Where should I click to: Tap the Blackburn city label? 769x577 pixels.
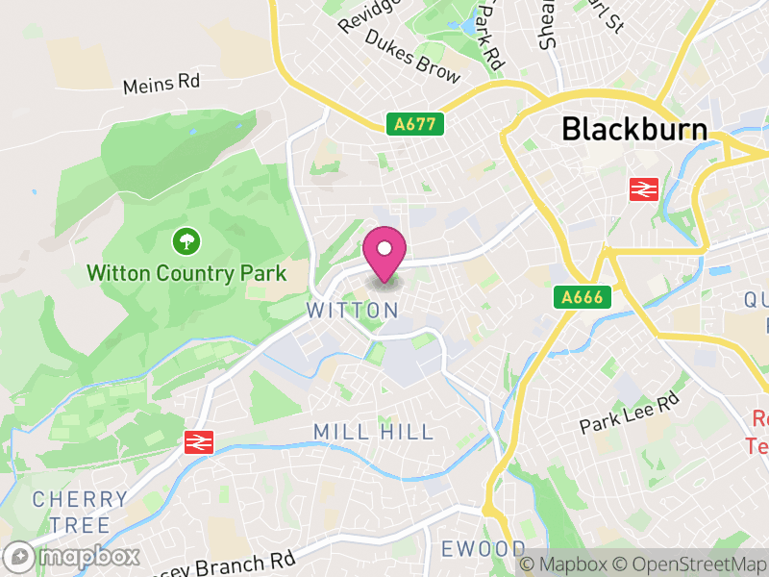(633, 130)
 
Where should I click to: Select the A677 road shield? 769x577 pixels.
(415, 123)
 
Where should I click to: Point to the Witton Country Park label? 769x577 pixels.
(186, 273)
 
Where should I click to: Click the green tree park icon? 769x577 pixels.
(185, 240)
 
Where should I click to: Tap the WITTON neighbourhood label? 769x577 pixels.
(352, 311)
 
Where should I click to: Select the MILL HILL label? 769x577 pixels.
(375, 432)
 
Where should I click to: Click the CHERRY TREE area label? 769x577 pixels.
(81, 512)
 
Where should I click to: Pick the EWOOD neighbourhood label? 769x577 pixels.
(484, 549)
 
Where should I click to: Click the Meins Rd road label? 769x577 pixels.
(161, 84)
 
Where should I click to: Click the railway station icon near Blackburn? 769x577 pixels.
(643, 189)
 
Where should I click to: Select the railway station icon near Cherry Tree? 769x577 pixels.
(199, 441)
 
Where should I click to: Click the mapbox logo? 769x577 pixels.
(73, 556)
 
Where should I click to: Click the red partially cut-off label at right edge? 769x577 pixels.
(759, 432)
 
